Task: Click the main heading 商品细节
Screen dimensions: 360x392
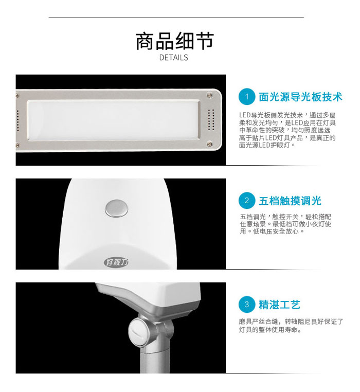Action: (174, 41)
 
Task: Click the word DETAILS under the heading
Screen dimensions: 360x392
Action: (174, 58)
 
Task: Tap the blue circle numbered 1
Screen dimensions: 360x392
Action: (247, 97)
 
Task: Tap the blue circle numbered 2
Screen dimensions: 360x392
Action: (247, 201)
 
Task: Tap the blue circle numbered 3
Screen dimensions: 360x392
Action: (247, 305)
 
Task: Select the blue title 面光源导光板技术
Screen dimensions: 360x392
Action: (300, 97)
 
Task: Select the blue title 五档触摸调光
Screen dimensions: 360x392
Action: (290, 201)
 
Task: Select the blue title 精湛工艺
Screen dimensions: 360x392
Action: (279, 305)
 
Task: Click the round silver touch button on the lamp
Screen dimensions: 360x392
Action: (117, 208)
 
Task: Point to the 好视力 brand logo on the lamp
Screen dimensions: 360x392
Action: (116, 262)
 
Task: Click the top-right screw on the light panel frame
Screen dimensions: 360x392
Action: (209, 95)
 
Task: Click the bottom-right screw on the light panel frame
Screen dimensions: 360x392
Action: (209, 144)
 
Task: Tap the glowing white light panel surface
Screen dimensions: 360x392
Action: (113, 120)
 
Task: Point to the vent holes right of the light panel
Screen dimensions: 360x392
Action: (211, 119)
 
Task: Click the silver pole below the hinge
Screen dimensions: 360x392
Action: (155, 361)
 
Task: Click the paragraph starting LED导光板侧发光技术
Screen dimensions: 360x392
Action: (287, 130)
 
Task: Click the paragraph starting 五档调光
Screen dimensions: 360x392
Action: (285, 224)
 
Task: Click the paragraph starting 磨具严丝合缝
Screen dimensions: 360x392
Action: (291, 326)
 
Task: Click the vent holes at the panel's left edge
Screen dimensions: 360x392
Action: (17, 120)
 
